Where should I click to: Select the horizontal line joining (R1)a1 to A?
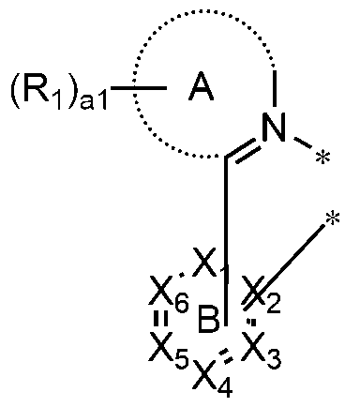pyautogui.click(x=147, y=92)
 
